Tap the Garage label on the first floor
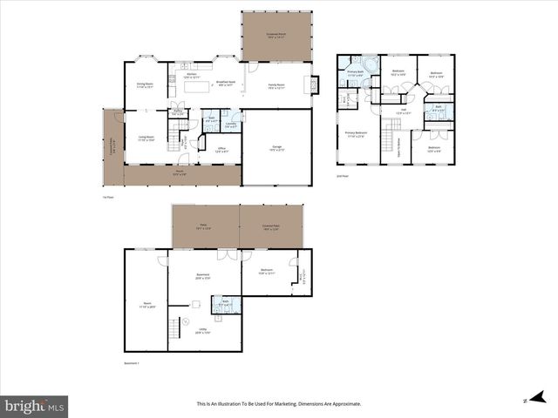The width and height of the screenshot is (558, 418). tap(276, 147)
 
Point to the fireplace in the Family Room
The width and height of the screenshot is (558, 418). tap(316, 84)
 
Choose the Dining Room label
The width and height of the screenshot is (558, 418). tap(144, 85)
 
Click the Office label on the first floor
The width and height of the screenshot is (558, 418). tap(222, 150)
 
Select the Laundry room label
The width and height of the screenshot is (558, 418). tap(232, 125)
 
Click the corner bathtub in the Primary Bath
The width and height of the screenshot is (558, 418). tap(370, 66)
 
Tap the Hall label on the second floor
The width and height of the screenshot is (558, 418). tap(403, 111)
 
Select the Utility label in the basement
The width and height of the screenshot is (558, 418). tap(202, 332)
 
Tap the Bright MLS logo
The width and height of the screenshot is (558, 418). tap(34, 406)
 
